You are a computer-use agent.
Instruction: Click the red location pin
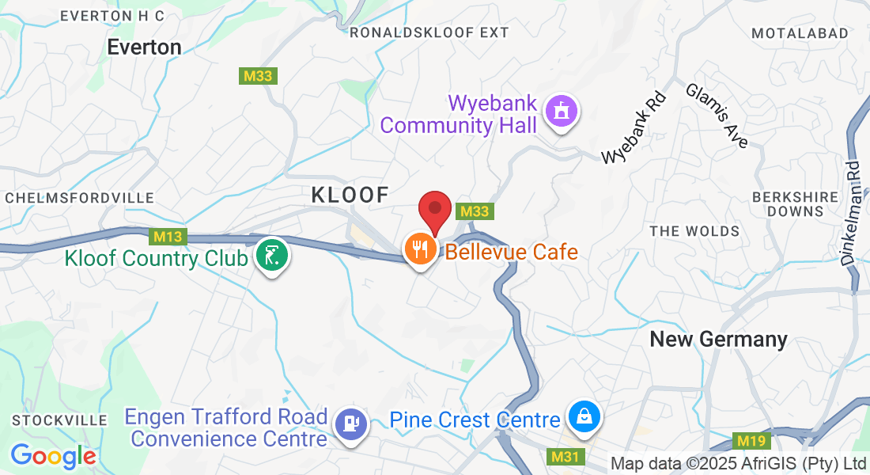click(434, 210)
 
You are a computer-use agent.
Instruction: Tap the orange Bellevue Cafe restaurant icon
click(420, 250)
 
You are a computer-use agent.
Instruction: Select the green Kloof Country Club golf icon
click(272, 256)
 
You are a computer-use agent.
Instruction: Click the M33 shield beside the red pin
click(475, 211)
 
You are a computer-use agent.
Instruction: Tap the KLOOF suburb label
click(350, 195)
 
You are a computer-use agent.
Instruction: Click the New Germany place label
click(718, 340)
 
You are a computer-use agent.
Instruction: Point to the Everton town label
click(145, 47)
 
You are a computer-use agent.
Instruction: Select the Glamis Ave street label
click(717, 116)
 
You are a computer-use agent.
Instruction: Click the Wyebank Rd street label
click(634, 128)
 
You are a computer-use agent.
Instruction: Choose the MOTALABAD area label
click(800, 33)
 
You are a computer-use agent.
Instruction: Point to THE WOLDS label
click(694, 231)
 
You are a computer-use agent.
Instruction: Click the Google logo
click(53, 456)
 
